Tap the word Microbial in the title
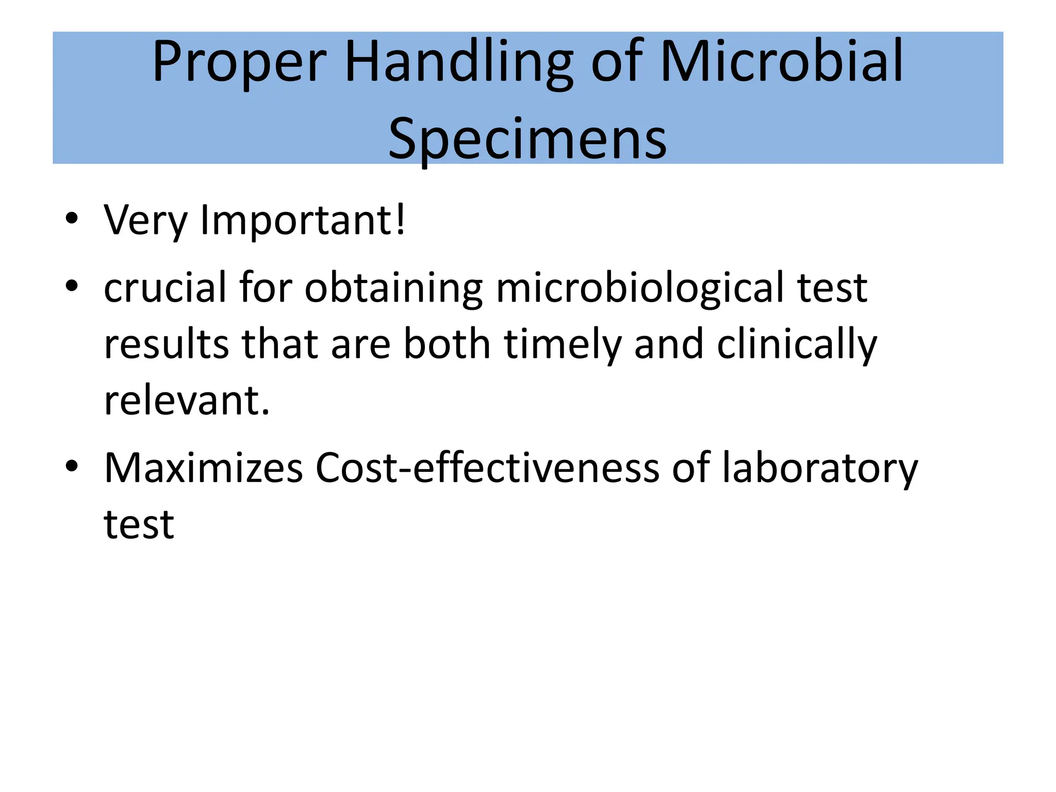(x=782, y=63)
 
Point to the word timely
(x=563, y=344)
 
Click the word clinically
(x=797, y=344)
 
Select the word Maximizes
(x=204, y=468)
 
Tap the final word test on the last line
(x=139, y=524)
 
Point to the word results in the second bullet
(x=166, y=344)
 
